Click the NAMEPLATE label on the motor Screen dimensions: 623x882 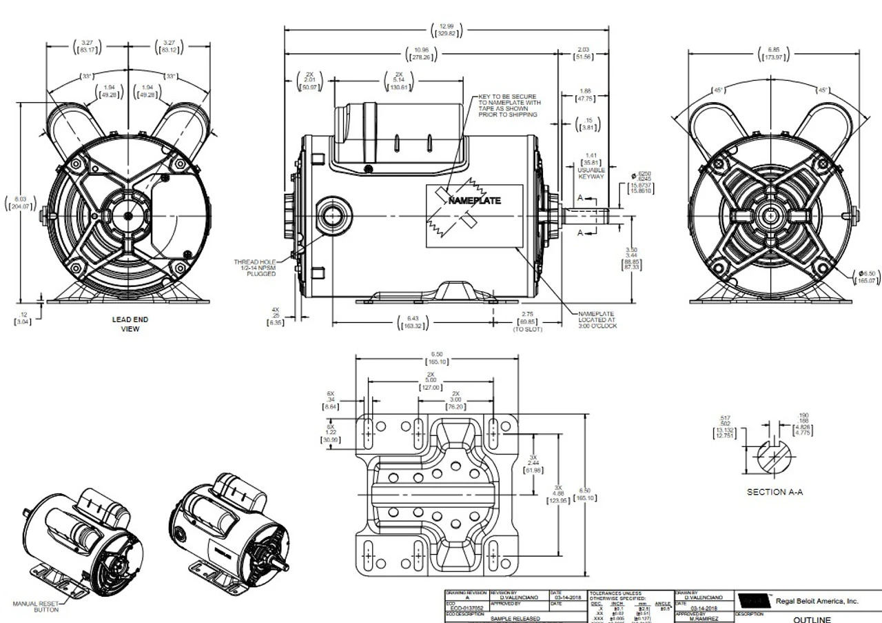tap(475, 201)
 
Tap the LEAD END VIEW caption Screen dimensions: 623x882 tap(130, 324)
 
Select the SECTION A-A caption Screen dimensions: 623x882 tap(775, 492)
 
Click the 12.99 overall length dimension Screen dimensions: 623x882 tap(447, 30)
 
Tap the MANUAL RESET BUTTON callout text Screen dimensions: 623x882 tap(36, 606)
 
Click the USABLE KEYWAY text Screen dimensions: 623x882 tap(591, 172)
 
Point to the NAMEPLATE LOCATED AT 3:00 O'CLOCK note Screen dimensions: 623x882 tap(597, 319)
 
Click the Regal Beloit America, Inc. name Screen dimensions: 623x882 tap(817, 601)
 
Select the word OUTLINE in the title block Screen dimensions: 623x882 tap(813, 620)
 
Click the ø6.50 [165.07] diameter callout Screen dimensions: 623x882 tap(865, 277)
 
